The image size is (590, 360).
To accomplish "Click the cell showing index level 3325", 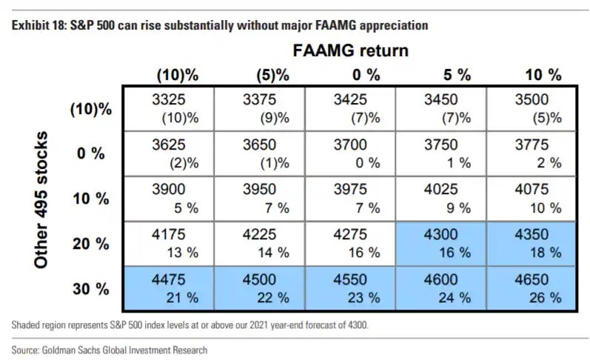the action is pyautogui.click(x=169, y=109).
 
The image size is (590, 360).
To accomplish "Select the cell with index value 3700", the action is pyautogui.click(x=350, y=153).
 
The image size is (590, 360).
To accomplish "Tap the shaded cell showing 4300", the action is pyautogui.click(x=441, y=244).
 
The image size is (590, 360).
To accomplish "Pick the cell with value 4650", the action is pyautogui.click(x=531, y=288).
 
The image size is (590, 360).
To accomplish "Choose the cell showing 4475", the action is pyautogui.click(x=169, y=288).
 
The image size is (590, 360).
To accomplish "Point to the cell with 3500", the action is pyautogui.click(x=531, y=109).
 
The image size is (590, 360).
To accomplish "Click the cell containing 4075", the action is pyautogui.click(x=531, y=199).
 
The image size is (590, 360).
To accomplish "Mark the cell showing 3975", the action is pyautogui.click(x=350, y=199).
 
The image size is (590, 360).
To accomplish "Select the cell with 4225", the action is pyautogui.click(x=260, y=244).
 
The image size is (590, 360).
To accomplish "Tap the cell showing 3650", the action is pyautogui.click(x=260, y=153).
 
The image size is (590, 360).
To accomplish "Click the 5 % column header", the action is pyautogui.click(x=457, y=75).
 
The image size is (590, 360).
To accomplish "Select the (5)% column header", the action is pyautogui.click(x=273, y=76).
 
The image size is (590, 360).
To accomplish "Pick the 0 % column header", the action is pyautogui.click(x=366, y=75).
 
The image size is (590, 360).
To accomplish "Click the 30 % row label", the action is pyautogui.click(x=90, y=289).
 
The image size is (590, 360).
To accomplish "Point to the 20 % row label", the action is pyautogui.click(x=90, y=244).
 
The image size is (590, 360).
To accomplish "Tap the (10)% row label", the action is pyautogui.click(x=91, y=109).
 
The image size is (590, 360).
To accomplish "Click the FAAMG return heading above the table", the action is pyautogui.click(x=351, y=50).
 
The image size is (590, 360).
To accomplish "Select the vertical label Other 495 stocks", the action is pyautogui.click(x=41, y=199).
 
